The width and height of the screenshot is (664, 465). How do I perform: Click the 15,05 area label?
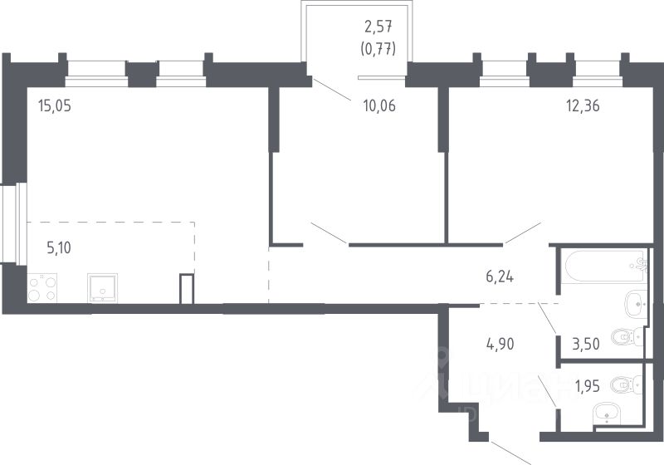55,105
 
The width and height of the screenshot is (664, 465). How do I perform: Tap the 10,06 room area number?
379,105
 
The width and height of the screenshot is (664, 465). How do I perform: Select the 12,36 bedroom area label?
583,105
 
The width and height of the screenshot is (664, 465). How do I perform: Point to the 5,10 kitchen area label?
59,247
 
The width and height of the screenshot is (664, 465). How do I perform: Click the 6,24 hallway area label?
500,277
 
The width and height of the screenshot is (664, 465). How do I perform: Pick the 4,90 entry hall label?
500,344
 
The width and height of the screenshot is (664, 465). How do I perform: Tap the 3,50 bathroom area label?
586,344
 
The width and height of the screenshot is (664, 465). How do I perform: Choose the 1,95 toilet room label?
587,386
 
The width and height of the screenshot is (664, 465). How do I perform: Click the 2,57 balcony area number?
378,27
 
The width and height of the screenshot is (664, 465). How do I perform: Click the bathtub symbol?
605,266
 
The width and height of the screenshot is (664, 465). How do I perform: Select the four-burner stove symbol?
42,288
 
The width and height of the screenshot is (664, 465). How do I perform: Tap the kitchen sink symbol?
102,288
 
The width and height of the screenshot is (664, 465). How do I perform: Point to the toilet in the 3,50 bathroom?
627,336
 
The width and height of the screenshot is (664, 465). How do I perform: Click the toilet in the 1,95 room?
626,384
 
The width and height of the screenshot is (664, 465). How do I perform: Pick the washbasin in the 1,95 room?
607,413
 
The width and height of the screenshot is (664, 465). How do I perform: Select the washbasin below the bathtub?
636,304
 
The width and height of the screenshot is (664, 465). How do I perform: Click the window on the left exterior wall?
13,223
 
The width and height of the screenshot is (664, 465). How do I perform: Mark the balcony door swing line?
331,90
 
